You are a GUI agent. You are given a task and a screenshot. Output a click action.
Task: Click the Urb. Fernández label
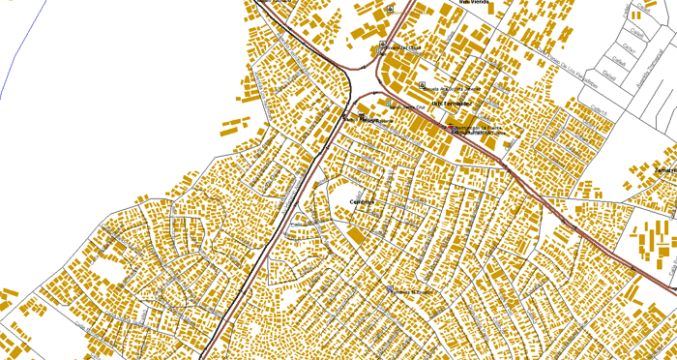coord(452,103)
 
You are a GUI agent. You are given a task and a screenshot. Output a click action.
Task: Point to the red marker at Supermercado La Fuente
coord(450,128)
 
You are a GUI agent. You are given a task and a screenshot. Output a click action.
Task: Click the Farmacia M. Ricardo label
coord(411,290)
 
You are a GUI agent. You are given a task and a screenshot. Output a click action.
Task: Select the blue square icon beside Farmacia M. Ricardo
coord(390,289)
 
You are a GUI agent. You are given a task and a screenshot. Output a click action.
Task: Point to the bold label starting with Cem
coord(362,201)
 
